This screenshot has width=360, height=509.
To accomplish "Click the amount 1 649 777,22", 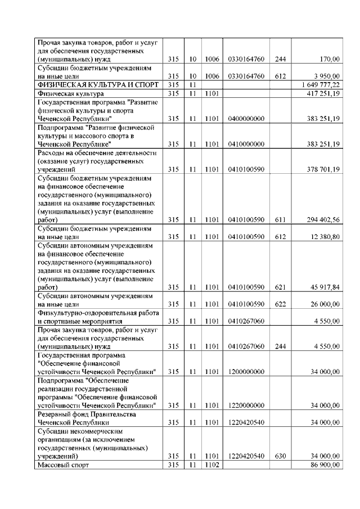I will (319, 84).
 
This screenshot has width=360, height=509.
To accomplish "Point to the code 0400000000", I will (246, 119).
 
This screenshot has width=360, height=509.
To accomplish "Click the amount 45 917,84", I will (323, 287).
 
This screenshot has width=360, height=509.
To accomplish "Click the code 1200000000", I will (246, 372).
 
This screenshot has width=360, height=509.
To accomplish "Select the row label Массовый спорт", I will (64, 465).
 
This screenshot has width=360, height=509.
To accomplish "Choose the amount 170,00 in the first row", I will (328, 59).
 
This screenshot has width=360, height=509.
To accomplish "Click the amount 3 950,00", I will (326, 76).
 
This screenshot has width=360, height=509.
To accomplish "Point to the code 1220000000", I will (246, 406).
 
